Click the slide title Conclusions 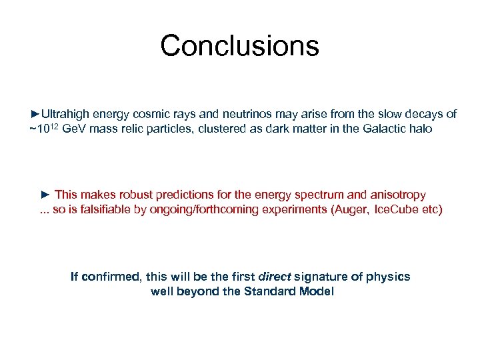coord(239,46)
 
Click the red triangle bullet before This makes coord(45,195)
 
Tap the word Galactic coord(385,129)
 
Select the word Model coord(315,291)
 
